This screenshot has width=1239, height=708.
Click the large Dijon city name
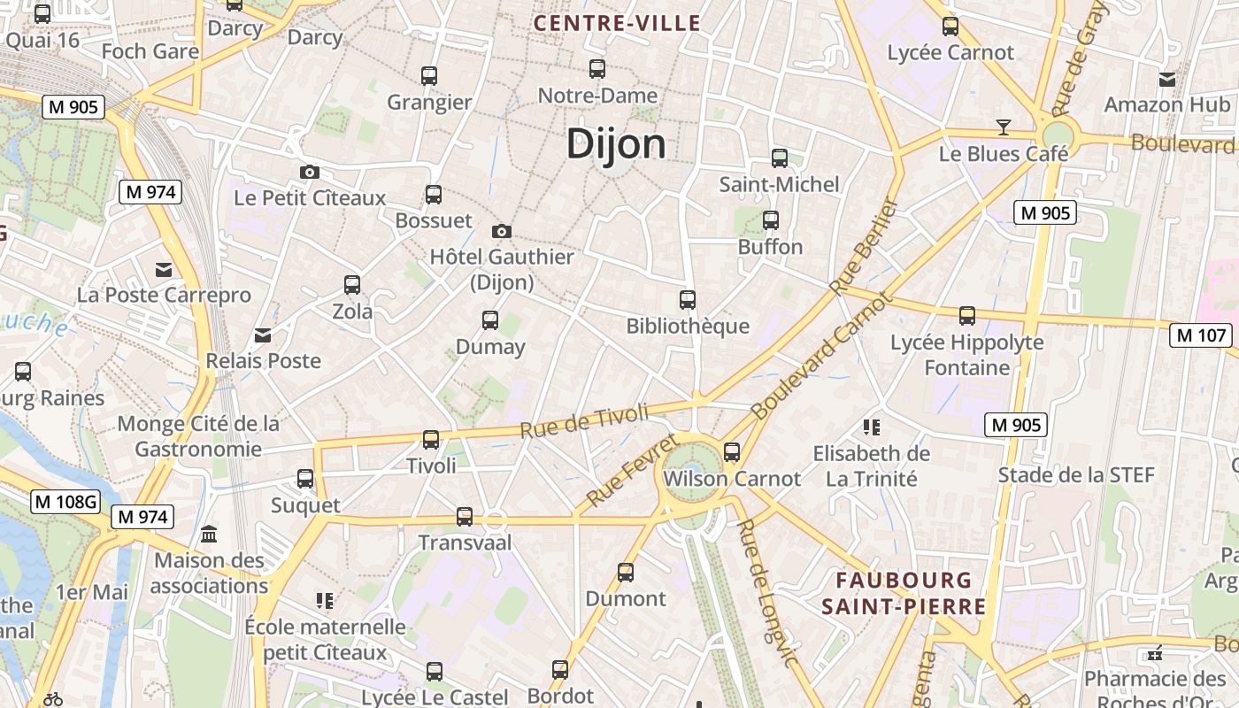(x=616, y=143)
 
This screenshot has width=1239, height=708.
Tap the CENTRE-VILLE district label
(x=617, y=24)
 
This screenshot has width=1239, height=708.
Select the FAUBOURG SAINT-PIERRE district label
(x=904, y=593)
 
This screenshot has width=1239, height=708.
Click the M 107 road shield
(x=1201, y=335)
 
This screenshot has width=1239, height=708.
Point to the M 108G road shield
(x=65, y=502)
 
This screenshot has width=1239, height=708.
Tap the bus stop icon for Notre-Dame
(x=597, y=68)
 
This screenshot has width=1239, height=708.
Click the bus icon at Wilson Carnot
(x=732, y=452)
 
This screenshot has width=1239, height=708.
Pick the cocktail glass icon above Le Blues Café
(x=1003, y=127)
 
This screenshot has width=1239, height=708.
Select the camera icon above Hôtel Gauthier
(x=502, y=232)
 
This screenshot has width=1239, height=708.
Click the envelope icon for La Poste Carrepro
(x=164, y=269)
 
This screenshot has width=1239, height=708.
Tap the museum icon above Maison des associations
(x=210, y=535)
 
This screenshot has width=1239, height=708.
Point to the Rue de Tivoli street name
(x=584, y=420)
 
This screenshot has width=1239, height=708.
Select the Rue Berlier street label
(x=864, y=246)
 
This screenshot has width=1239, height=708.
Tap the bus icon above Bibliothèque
(x=688, y=300)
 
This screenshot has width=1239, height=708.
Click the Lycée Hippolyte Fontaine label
(x=966, y=355)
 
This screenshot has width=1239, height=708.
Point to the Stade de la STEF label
(x=1076, y=475)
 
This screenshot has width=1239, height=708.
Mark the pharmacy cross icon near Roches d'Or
(x=1155, y=654)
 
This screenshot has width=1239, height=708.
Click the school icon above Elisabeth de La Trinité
(x=872, y=428)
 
